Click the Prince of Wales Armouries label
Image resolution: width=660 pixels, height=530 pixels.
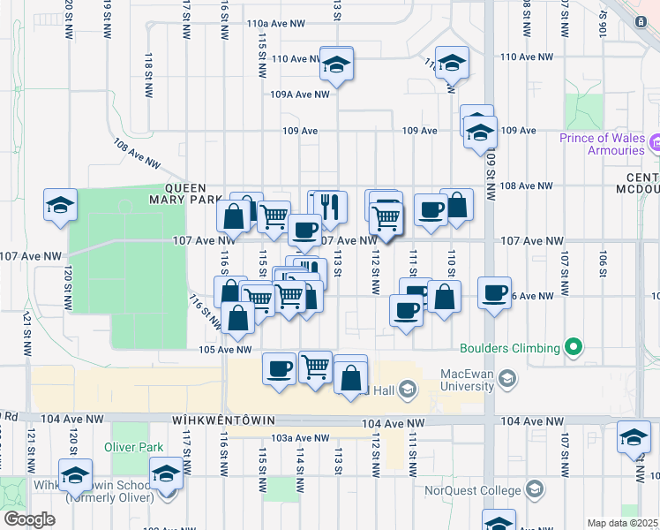(603, 144)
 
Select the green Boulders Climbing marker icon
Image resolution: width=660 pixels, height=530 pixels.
(574, 348)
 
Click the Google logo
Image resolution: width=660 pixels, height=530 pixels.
(29, 519)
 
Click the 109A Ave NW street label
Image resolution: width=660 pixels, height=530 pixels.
(299, 94)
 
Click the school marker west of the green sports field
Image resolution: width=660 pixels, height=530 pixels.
(59, 205)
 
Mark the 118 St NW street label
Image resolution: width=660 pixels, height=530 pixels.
(148, 64)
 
